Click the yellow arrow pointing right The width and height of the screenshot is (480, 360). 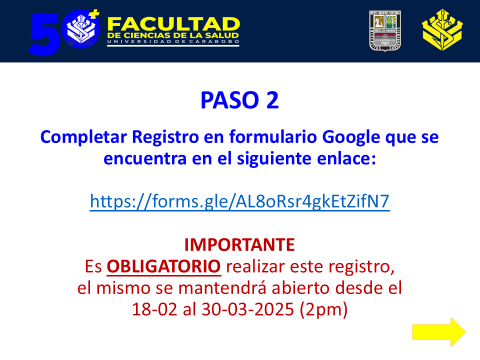coord(439,332)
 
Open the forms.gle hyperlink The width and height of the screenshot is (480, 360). coord(239,201)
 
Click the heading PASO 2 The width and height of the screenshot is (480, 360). coord(239,100)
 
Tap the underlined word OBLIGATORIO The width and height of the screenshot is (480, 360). coord(164,266)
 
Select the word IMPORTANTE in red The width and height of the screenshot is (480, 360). coord(239,245)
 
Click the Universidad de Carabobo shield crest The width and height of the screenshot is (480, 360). coord(385,31)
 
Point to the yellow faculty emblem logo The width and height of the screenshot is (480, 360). coord(442,30)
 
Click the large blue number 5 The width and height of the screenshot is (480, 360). coord(44,34)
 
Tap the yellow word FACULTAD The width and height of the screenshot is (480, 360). coord(173,24)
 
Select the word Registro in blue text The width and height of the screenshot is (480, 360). coord(165,137)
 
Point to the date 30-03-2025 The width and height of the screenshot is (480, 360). coord(248,309)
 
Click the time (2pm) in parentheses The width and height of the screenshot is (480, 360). coord(324,310)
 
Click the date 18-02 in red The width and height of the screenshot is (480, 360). coord(154,309)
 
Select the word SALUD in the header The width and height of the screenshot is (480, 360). coord(222,36)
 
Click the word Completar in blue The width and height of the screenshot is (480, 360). coord(83,137)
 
